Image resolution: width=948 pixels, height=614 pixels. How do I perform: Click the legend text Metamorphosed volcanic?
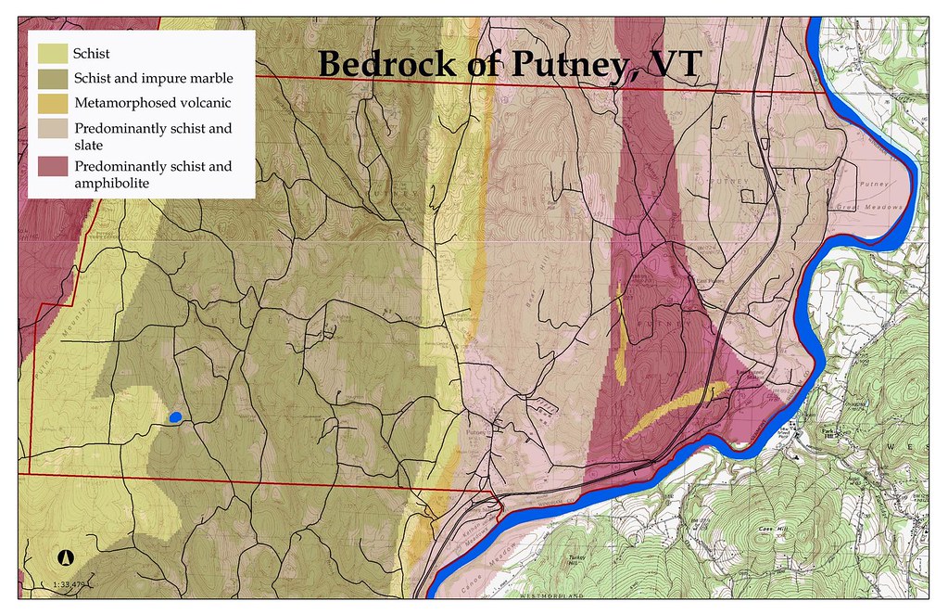pyautogui.click(x=152, y=103)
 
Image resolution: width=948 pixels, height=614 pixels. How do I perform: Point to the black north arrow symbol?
pyautogui.click(x=66, y=558)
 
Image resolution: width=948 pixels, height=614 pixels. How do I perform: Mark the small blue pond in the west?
pyautogui.click(x=174, y=418)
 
